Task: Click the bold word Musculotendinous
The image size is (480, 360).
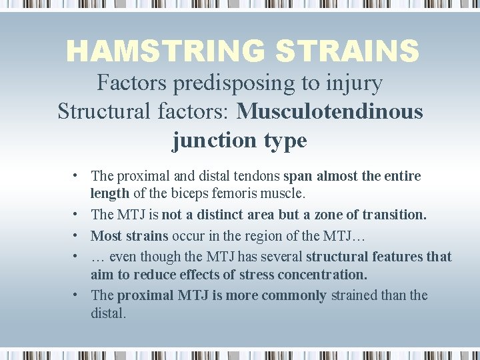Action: click(x=330, y=111)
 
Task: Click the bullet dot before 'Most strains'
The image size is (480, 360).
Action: click(x=78, y=235)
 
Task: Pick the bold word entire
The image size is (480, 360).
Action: click(x=403, y=177)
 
